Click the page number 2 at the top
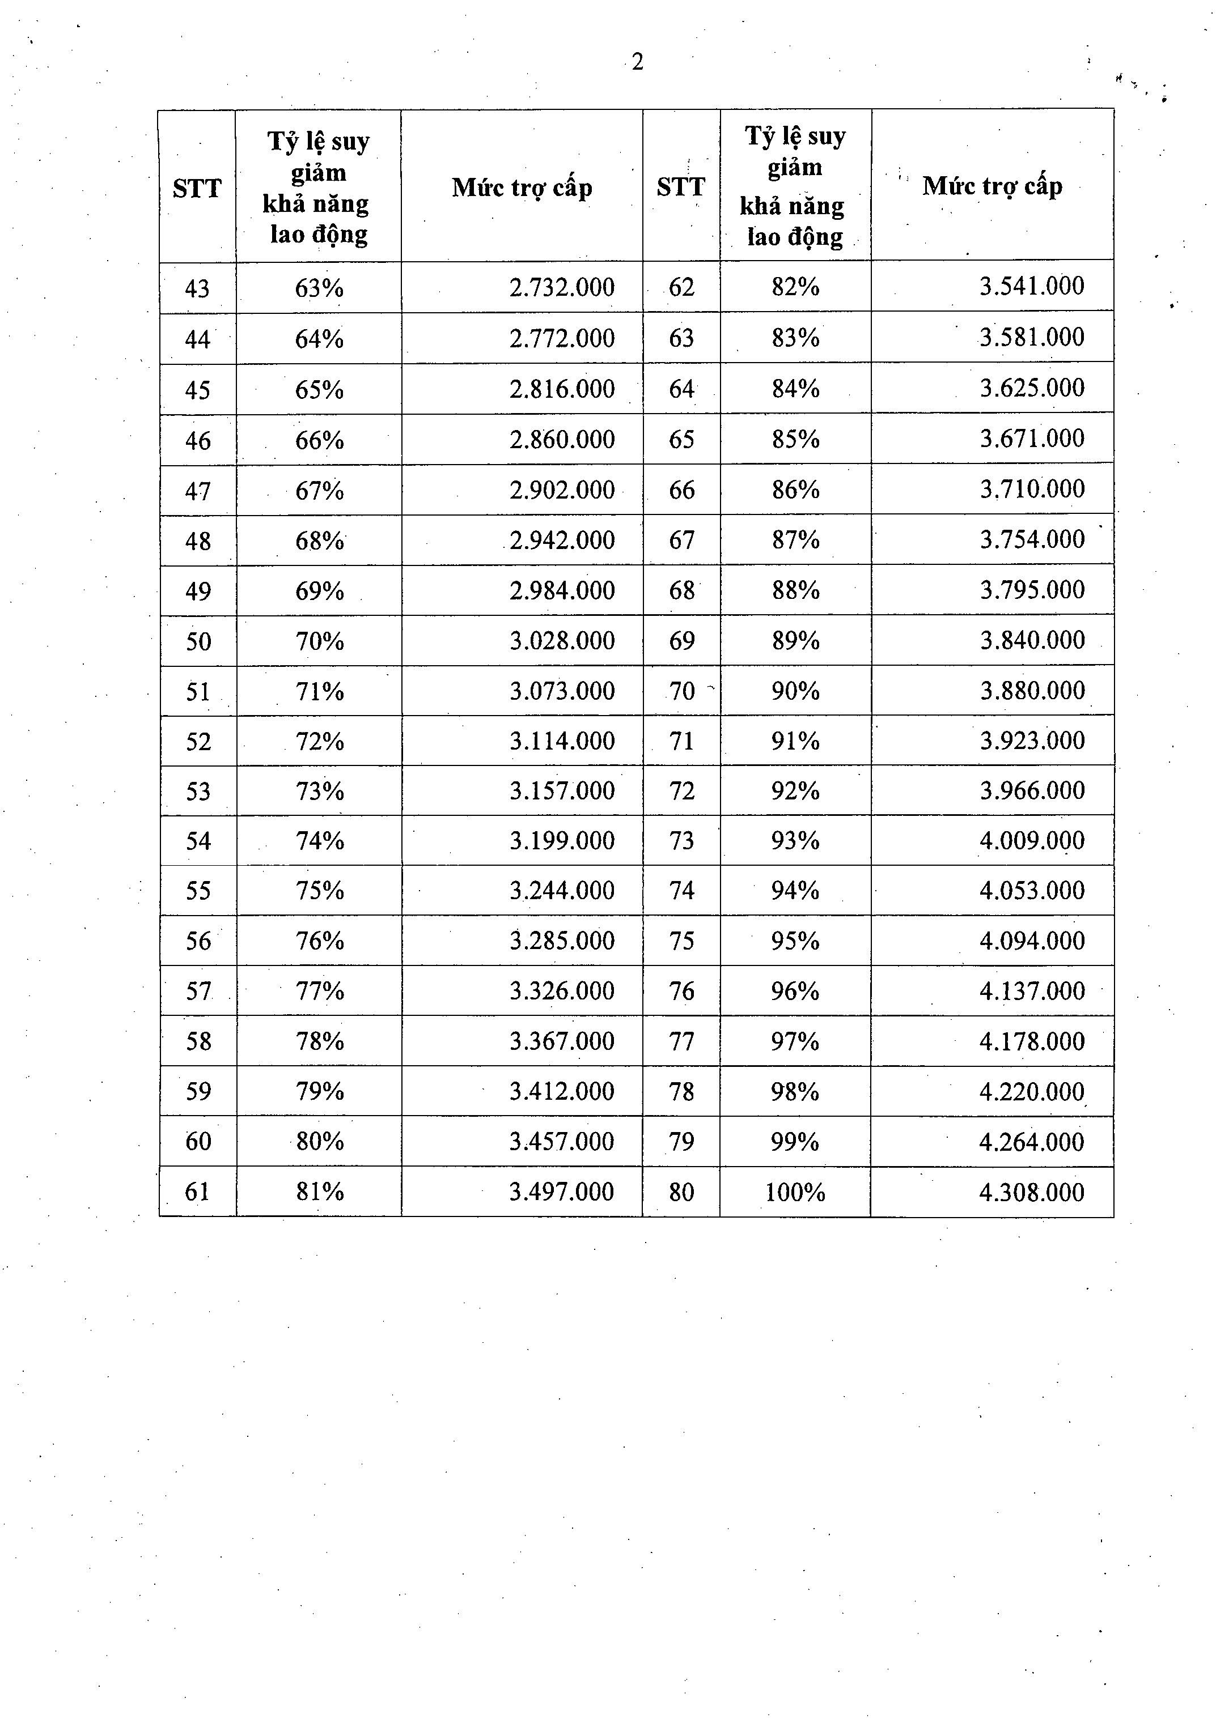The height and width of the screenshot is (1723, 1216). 637,62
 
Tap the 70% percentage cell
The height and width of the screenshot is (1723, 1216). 320,641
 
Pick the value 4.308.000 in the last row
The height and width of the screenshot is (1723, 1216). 1031,1192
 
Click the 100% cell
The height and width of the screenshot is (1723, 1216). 795,1192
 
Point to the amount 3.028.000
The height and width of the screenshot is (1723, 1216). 562,641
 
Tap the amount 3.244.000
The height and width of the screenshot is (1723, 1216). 562,891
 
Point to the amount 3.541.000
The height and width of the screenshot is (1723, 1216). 1031,286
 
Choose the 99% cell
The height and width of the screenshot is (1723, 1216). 795,1142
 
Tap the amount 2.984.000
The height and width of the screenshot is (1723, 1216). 562,590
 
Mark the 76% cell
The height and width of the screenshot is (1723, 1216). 320,941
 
